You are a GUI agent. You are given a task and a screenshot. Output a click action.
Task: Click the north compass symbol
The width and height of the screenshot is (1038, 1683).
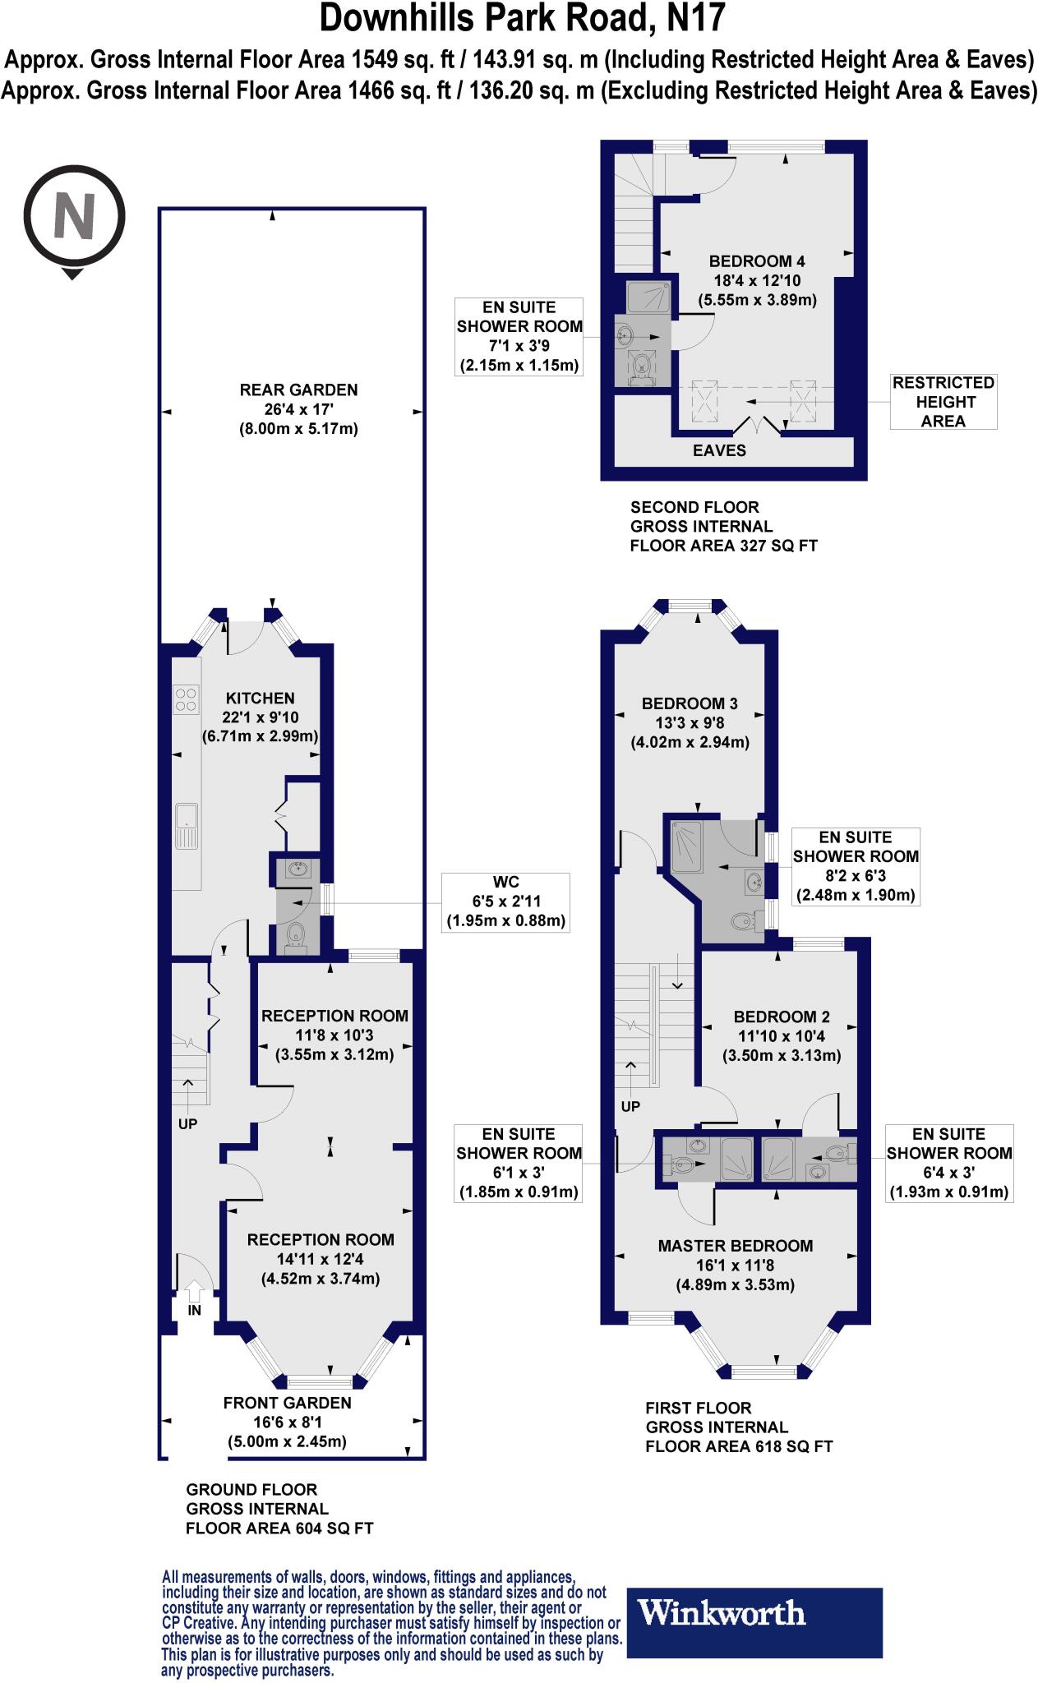[74, 217]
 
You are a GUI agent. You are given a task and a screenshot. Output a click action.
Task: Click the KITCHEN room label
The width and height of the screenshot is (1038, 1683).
[260, 698]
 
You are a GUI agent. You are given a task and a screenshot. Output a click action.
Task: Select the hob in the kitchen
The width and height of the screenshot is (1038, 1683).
[187, 699]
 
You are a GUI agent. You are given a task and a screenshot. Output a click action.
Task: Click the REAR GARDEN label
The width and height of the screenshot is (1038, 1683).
[298, 390]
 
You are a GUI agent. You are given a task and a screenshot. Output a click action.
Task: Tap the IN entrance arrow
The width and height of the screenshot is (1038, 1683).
[194, 1293]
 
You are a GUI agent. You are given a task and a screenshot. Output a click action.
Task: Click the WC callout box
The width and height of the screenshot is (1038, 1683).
[505, 901]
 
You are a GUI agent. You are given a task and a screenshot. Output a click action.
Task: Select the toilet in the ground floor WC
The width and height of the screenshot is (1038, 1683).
[295, 936]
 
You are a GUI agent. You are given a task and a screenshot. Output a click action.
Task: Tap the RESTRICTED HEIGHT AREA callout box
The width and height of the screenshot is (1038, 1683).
[943, 402]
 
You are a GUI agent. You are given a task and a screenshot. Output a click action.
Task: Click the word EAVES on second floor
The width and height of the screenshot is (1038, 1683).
[719, 450]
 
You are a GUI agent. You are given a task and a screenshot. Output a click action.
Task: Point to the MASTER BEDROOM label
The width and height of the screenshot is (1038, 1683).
[735, 1246]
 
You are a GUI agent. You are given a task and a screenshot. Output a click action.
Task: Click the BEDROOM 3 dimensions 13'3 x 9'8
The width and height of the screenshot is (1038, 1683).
[690, 723]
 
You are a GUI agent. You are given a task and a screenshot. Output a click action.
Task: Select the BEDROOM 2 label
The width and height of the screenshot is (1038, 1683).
[782, 1016]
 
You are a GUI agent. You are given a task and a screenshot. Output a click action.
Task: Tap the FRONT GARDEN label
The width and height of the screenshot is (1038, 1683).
[287, 1403]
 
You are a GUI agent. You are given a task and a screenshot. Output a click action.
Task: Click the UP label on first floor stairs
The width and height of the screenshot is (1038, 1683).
[630, 1106]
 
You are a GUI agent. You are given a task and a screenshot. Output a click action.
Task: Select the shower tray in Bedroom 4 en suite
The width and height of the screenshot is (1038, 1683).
[648, 297]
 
